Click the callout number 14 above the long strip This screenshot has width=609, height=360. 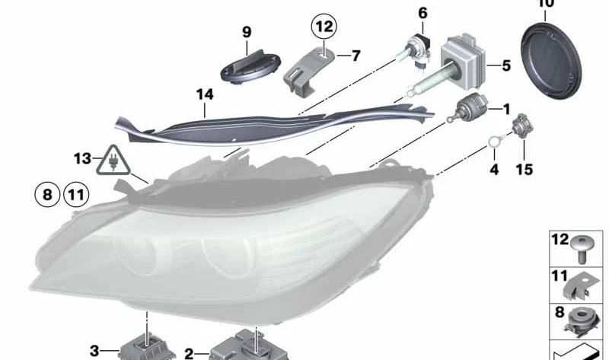click(204, 94)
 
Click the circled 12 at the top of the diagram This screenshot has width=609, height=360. click(324, 28)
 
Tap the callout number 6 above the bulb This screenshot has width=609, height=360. click(422, 12)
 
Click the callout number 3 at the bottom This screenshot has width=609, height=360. click(94, 351)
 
